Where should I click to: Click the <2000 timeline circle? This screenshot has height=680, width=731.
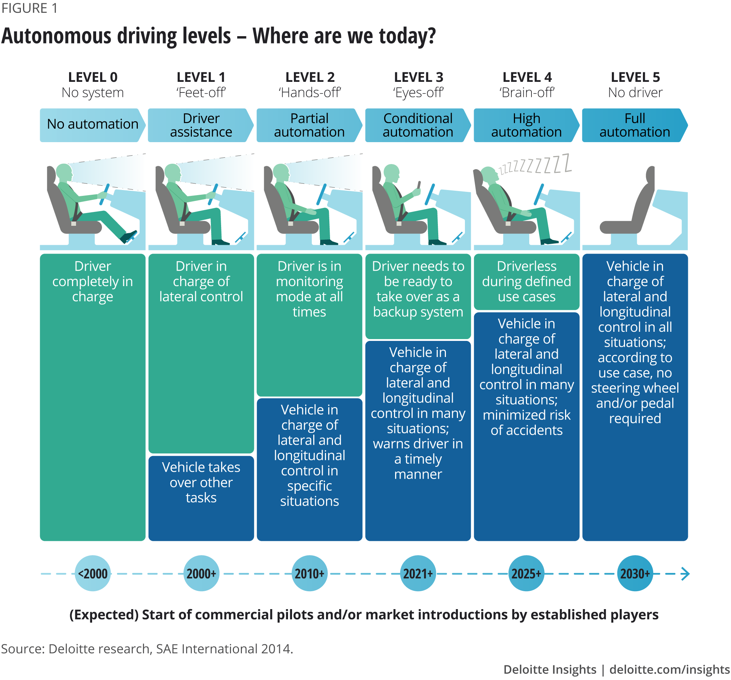[x=93, y=573]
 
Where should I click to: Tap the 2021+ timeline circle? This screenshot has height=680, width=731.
[x=418, y=573]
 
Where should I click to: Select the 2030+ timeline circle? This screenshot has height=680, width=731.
[x=635, y=573]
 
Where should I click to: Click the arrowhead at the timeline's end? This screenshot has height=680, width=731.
[x=685, y=573]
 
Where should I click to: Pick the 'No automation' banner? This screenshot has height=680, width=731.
[x=92, y=125]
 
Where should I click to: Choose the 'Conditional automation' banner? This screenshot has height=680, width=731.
[x=418, y=125]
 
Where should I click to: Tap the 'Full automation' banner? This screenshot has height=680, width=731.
[x=635, y=125]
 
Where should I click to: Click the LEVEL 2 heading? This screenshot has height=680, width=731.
[x=310, y=77]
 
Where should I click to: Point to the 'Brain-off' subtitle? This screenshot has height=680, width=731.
[x=526, y=92]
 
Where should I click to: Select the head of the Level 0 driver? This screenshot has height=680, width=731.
[x=64, y=172]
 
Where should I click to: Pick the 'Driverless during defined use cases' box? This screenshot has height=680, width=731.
[x=526, y=282]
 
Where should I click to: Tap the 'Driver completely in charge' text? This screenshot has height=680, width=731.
[x=92, y=282]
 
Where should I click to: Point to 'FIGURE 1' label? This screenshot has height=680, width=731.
[x=29, y=8]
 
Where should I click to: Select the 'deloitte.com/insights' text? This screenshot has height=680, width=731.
[x=670, y=670]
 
